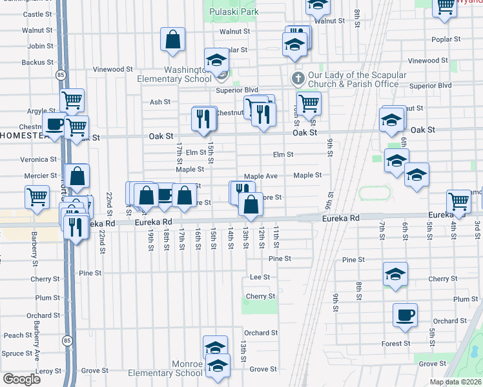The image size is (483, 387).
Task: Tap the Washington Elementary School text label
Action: [174, 74]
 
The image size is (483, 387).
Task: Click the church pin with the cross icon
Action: [297, 79]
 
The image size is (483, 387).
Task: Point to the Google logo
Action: [21, 379]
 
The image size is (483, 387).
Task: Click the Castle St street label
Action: [37, 14]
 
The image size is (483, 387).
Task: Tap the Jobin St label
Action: [40, 46]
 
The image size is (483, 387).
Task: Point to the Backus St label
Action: [37, 63]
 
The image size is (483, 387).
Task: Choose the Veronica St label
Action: [35, 159]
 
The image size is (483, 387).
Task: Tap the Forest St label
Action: [396, 344]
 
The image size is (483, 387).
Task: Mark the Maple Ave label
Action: [260, 176]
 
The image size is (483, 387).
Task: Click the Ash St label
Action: [159, 102]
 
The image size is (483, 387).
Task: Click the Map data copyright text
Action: [455, 382]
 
